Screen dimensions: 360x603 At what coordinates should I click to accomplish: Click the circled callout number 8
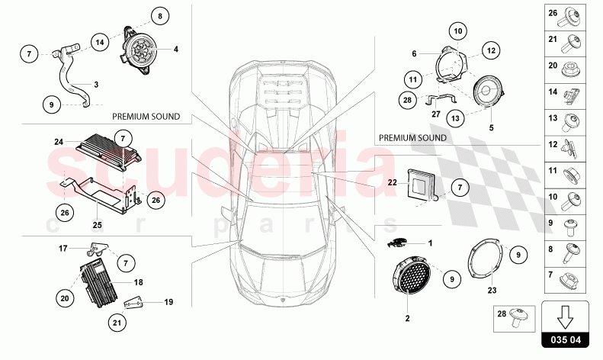[160, 15]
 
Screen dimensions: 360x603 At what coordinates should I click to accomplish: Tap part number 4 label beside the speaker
[176, 50]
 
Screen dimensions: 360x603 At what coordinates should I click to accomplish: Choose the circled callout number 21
[117, 323]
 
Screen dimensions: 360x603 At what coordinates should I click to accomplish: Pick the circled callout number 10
[457, 31]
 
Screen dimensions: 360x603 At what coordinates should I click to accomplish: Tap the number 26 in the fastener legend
[553, 12]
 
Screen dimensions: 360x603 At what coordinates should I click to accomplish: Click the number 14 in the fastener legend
[553, 91]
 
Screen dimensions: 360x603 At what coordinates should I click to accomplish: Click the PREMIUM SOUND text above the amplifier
[146, 117]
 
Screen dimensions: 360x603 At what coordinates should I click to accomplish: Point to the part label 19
[168, 302]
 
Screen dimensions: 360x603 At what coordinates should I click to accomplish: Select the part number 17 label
[64, 247]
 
